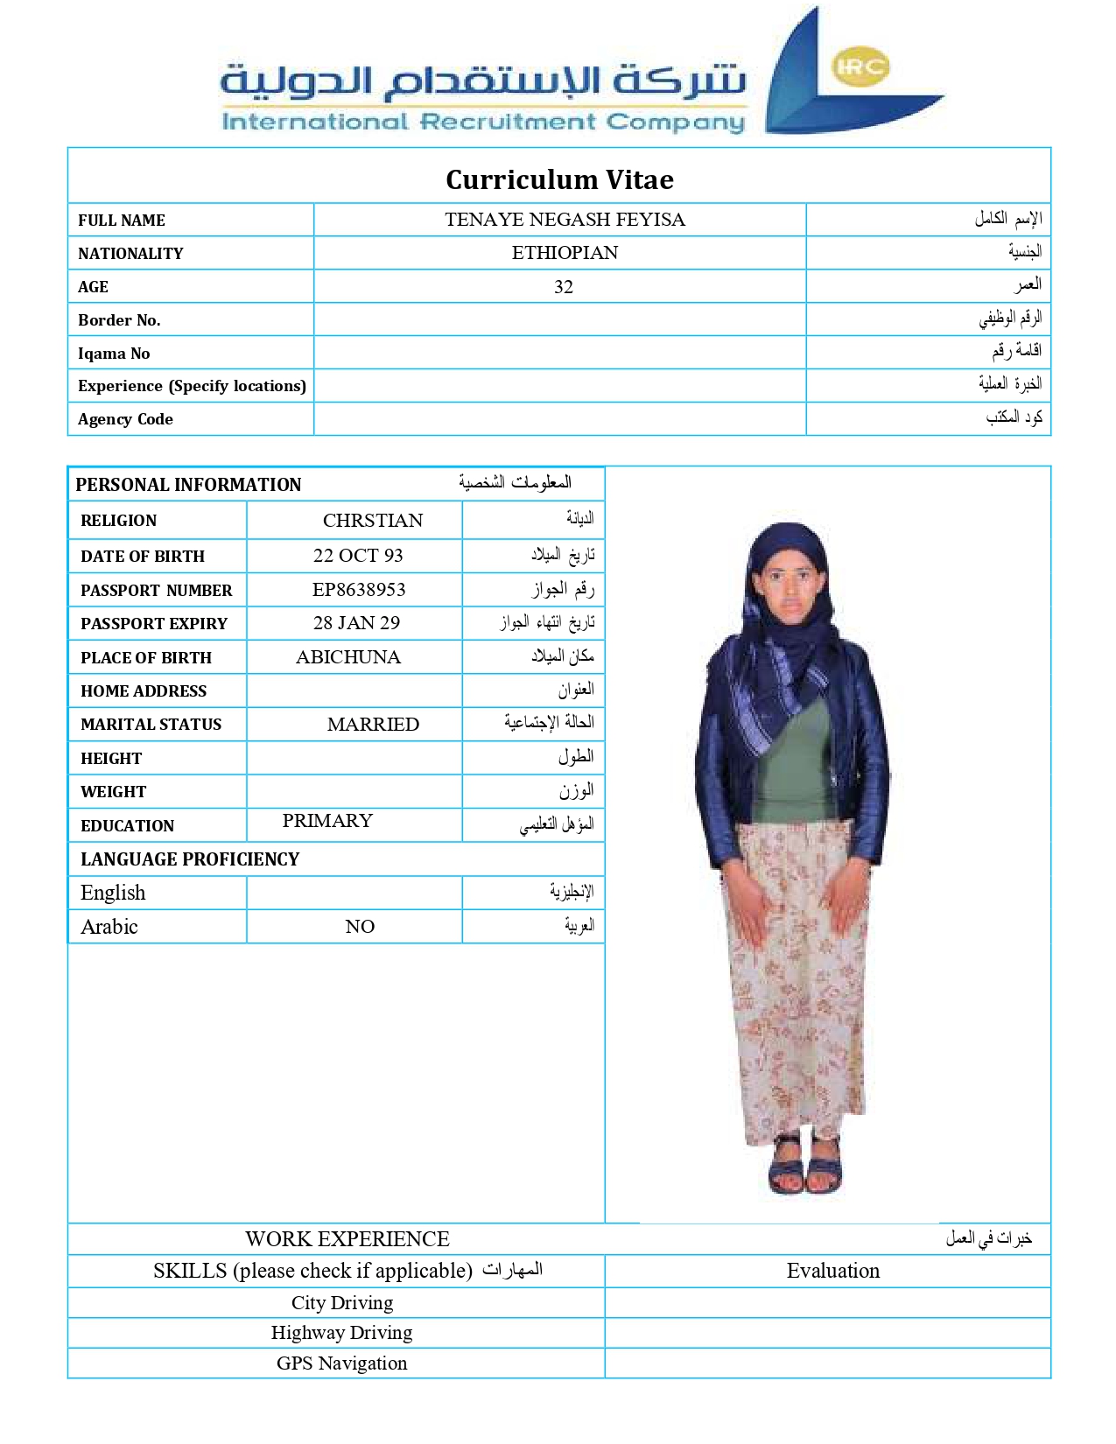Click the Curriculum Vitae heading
click(559, 179)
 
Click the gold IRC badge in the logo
click(860, 67)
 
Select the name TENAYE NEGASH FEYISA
click(565, 220)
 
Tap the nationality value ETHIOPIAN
click(565, 253)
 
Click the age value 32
click(564, 287)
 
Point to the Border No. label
click(119, 320)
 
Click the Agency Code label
click(125, 419)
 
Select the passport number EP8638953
click(359, 590)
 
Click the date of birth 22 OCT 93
click(358, 556)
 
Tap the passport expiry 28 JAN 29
click(356, 623)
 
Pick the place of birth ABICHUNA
click(348, 657)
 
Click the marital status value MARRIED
click(373, 725)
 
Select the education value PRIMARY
click(327, 821)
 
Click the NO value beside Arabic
click(360, 927)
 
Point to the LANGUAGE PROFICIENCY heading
click(190, 859)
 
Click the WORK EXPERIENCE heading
click(347, 1239)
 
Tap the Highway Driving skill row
click(341, 1333)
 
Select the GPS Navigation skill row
click(341, 1363)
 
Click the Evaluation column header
click(832, 1271)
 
